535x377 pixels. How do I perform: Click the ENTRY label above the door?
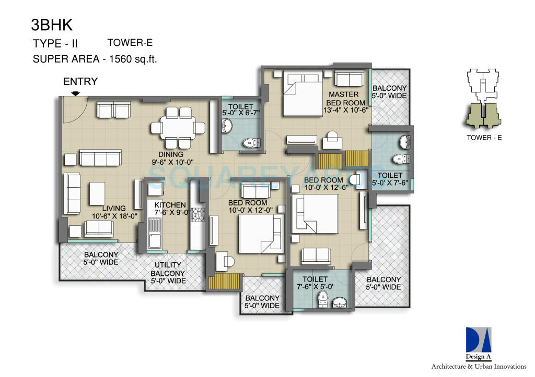click(80, 81)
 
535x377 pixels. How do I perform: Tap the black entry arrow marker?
click(76, 93)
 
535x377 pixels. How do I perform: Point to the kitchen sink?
click(155, 240)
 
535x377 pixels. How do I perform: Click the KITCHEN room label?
click(170, 205)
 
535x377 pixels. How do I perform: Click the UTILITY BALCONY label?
click(168, 273)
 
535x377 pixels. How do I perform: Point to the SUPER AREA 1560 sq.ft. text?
click(95, 59)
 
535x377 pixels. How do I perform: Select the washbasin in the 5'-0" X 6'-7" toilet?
click(228, 126)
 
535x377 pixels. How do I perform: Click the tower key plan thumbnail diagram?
click(484, 100)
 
